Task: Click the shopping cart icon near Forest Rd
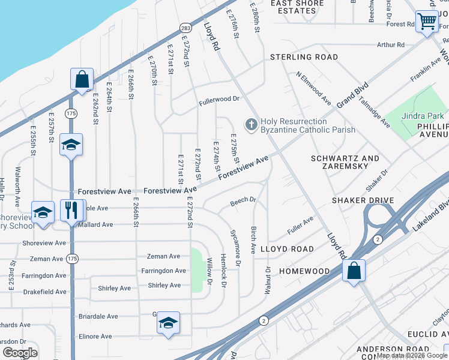click(x=426, y=22)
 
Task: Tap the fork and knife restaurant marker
click(x=71, y=210)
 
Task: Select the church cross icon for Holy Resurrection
click(x=251, y=125)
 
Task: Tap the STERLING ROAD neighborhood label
click(x=304, y=57)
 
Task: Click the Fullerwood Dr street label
click(x=220, y=99)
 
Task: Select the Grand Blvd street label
click(x=351, y=96)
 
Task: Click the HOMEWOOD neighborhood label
click(x=304, y=271)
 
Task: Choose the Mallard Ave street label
click(x=96, y=225)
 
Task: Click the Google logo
click(x=20, y=352)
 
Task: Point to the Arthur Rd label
click(x=391, y=45)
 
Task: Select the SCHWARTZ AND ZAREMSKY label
click(x=345, y=163)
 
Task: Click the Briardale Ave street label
click(x=98, y=316)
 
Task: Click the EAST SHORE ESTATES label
click(x=298, y=7)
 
